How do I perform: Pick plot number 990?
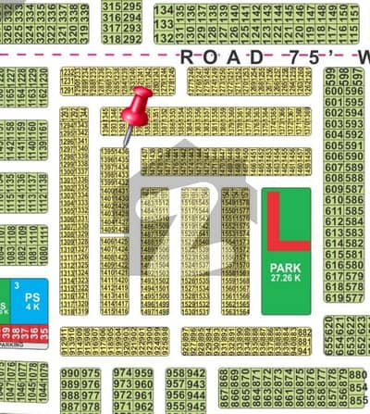click(x=70, y=373)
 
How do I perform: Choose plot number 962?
click(x=143, y=407)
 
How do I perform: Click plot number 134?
click(x=164, y=11)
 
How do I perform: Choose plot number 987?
click(x=70, y=407)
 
